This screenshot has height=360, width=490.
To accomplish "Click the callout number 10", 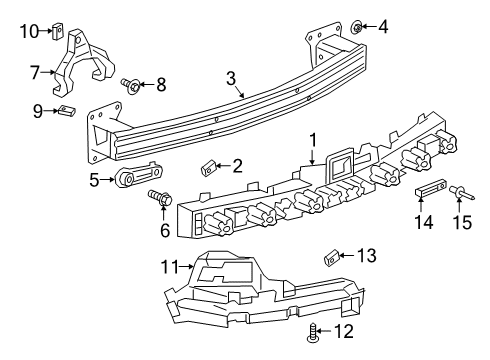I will pos(28,30).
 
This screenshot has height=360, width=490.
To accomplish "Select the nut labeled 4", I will pos(358,25).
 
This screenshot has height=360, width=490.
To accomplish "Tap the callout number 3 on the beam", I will pos(231,77).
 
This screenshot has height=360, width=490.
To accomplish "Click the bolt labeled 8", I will pos(130,85).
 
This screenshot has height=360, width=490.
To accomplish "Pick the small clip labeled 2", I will pos(208,165).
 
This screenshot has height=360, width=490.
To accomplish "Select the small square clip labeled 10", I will pos(59,30).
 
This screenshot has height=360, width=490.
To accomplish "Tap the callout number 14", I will pos(427,223).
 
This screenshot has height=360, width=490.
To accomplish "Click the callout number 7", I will pos(35,72).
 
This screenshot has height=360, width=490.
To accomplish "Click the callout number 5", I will pos(95,179).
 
